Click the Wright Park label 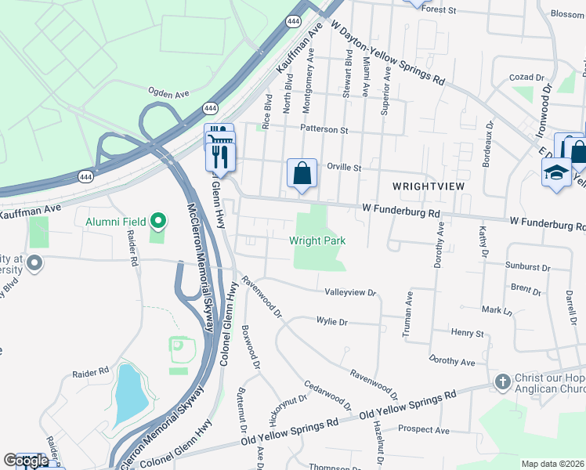tap(317, 240)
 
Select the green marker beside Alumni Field tap(159, 222)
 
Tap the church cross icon tap(502, 381)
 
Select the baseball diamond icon tap(179, 345)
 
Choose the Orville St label tap(342, 167)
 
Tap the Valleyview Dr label tap(351, 292)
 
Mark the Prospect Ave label tap(423, 429)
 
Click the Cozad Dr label tap(526, 78)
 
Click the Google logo tap(25, 461)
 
